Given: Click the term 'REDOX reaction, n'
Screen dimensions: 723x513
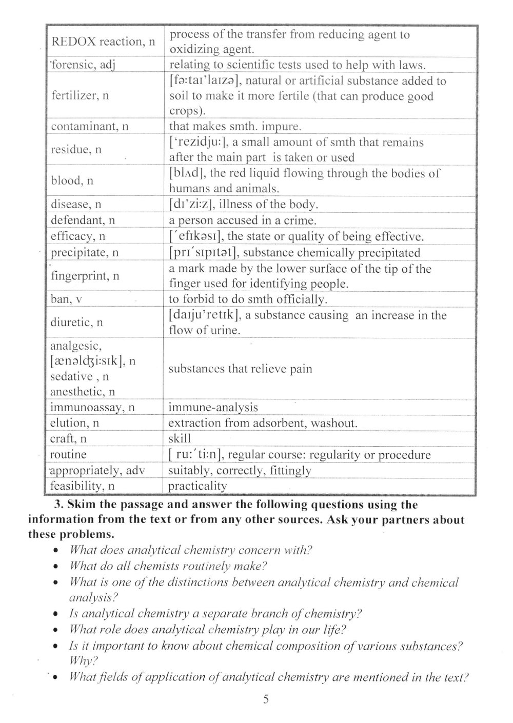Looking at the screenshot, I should point(103,42).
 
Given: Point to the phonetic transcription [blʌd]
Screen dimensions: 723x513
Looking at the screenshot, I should point(187,173).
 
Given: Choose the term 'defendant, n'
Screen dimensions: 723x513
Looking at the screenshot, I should point(83,220).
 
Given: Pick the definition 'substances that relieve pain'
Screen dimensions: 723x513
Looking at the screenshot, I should point(240,369).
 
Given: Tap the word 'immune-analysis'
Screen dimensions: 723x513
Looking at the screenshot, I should point(213,408).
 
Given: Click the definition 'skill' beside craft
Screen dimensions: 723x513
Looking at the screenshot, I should point(179,439).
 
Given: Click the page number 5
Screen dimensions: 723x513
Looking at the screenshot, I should point(265,699).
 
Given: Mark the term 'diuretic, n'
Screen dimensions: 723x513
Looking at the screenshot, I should point(76,323).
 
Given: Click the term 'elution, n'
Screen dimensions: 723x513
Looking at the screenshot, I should point(74,423).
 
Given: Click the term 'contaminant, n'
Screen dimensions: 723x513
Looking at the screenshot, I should point(89,126).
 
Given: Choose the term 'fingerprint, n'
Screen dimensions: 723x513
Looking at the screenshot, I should point(85,276).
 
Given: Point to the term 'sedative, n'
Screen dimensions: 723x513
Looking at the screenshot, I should point(79,377).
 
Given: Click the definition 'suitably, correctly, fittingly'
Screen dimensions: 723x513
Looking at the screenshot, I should point(240,471).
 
